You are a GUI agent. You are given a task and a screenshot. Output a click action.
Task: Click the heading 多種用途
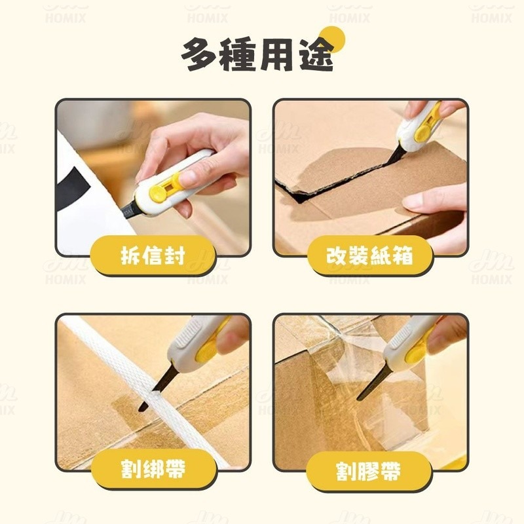coord(257,55)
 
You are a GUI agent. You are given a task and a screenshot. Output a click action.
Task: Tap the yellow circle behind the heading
coord(331,40)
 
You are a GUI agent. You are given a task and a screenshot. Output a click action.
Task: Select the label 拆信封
coord(153,255)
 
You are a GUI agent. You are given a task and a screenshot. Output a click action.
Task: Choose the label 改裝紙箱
coord(369,255)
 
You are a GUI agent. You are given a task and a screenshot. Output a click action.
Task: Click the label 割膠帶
coord(368,471)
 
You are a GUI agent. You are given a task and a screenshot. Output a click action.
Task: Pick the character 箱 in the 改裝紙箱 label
coord(403,255)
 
